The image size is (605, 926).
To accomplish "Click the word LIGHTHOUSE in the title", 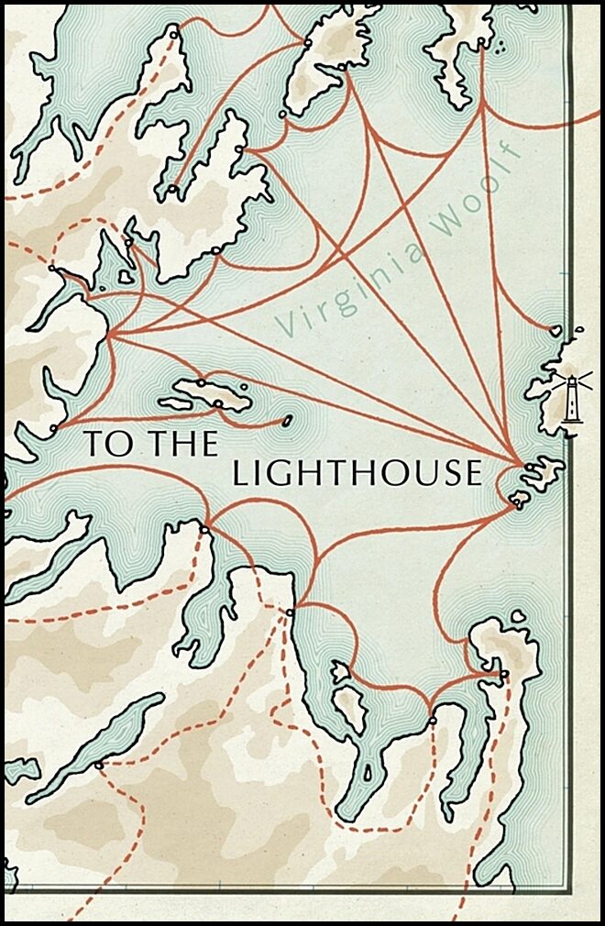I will [357, 473].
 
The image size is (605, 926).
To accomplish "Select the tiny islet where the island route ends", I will [287, 421].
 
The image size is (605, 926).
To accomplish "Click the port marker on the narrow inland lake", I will [98, 765].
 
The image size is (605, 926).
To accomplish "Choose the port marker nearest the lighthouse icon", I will [553, 330].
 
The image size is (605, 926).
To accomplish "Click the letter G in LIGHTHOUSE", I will [282, 473].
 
